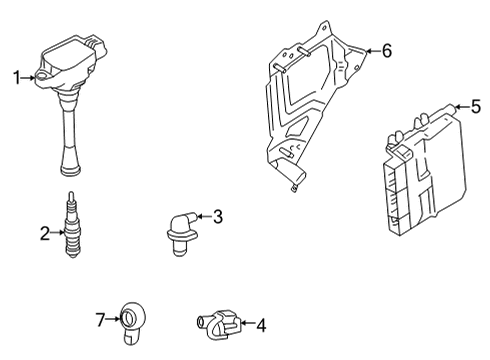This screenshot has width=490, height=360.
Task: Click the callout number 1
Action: pyautogui.click(x=15, y=76)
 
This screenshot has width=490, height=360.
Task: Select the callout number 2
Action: pyautogui.click(x=44, y=233)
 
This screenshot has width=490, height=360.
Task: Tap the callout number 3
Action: pyautogui.click(x=217, y=215)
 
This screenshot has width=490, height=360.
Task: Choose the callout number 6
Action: pyautogui.click(x=387, y=49)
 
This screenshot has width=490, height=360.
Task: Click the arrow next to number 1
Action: pyautogui.click(x=29, y=76)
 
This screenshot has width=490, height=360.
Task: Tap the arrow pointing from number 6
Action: pyautogui.click(x=370, y=49)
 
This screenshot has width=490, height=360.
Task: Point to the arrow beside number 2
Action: pyautogui.click(x=57, y=233)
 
